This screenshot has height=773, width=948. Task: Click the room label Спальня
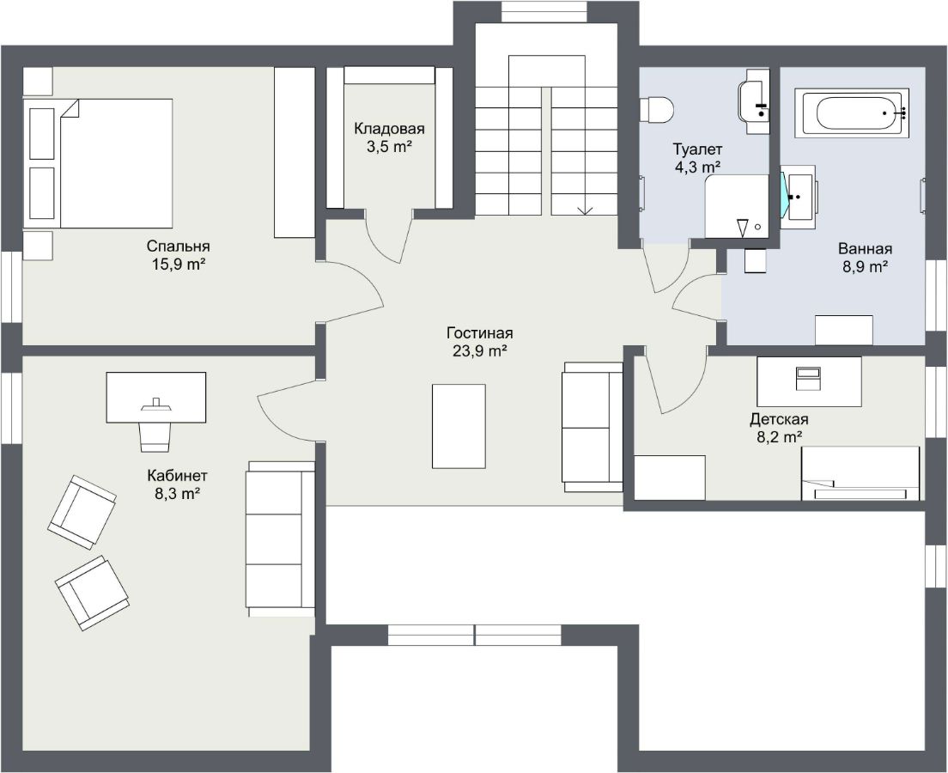tap(178, 247)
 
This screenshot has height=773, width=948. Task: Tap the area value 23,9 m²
tap(479, 350)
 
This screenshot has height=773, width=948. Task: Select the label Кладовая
tap(389, 128)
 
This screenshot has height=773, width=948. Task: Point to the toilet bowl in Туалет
tap(657, 110)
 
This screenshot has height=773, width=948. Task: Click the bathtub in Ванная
tap(852, 113)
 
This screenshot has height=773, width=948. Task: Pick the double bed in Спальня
tap(99, 163)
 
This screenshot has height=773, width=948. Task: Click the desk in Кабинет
tap(156, 398)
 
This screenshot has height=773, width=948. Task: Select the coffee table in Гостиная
tap(459, 426)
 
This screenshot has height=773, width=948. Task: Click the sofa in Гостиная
tap(592, 427)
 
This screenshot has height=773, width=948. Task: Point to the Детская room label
tap(780, 418)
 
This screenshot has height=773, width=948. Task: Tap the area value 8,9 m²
tap(866, 266)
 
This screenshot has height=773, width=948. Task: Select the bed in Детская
tap(860, 473)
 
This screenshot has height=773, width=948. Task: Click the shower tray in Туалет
tap(737, 207)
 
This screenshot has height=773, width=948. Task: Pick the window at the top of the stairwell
tap(546, 12)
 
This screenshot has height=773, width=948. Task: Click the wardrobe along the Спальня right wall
tap(295, 152)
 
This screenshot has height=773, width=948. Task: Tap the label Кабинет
tap(178, 475)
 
